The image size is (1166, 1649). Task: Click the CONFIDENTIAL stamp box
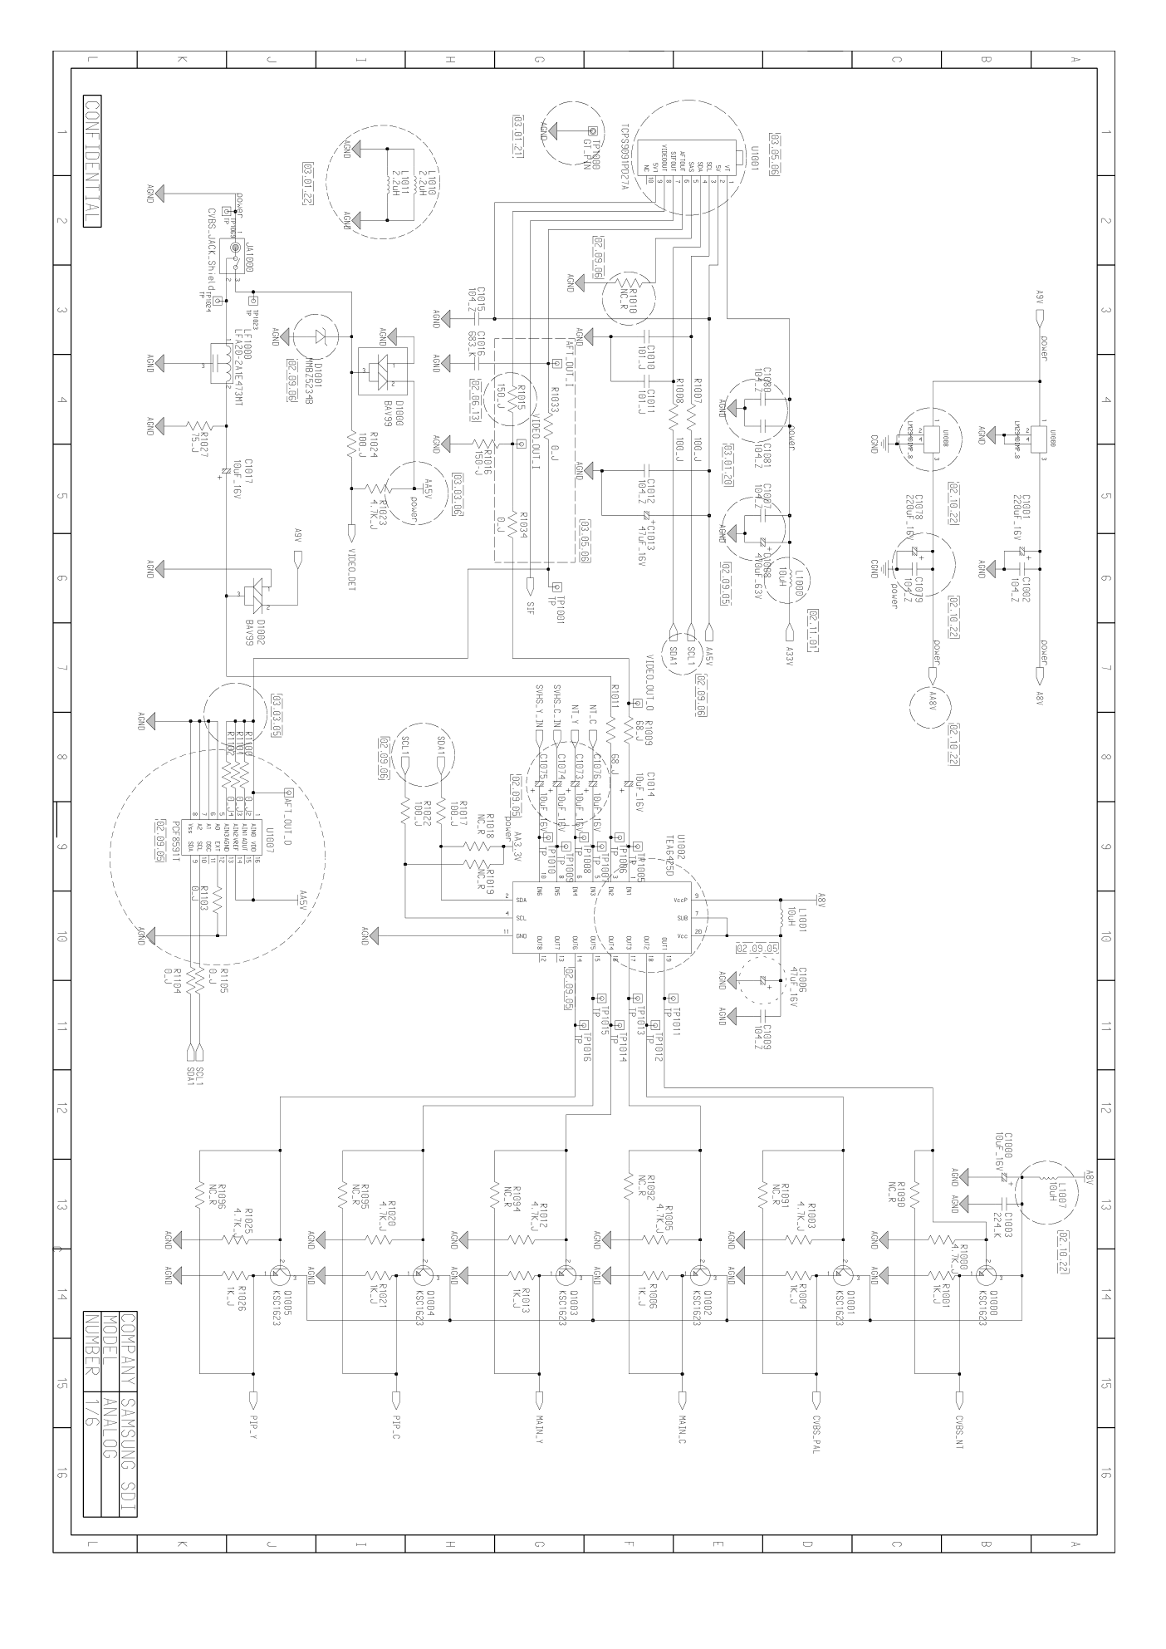tap(92, 162)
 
